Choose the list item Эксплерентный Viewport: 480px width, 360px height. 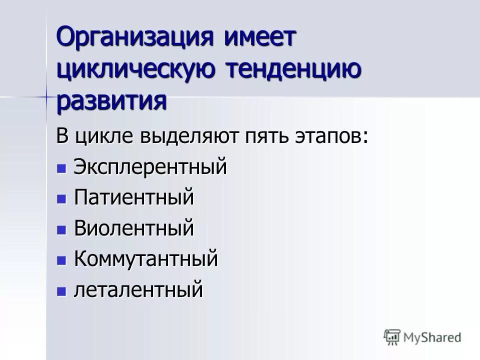pyautogui.click(x=150, y=167)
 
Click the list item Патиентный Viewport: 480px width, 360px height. pyautogui.click(x=133, y=198)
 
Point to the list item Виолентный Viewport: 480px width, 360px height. pyautogui.click(x=133, y=229)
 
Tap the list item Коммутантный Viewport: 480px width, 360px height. pyautogui.click(x=146, y=259)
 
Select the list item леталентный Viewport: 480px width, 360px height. pyautogui.click(x=138, y=290)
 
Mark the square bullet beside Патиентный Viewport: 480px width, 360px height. pyautogui.click(x=61, y=199)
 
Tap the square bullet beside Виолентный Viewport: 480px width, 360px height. pyautogui.click(x=61, y=230)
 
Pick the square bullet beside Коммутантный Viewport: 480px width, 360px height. pyautogui.click(x=61, y=260)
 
